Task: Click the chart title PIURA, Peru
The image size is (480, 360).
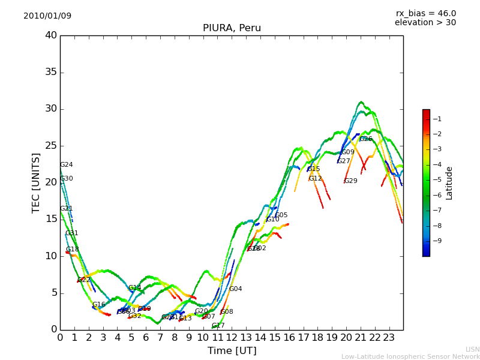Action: [x=232, y=28]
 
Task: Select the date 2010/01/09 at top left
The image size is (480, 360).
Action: [x=47, y=16]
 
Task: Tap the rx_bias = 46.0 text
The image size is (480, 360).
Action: [x=425, y=13]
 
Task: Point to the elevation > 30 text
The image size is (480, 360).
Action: [x=425, y=23]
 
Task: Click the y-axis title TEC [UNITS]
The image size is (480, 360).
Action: [x=36, y=182]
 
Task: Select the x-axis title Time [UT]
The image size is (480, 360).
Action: [x=232, y=351]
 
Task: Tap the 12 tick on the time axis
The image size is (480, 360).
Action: [x=232, y=337]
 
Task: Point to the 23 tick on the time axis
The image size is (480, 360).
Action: [x=389, y=337]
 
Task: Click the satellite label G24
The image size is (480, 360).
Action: [x=66, y=165]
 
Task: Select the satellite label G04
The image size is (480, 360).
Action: [x=235, y=289]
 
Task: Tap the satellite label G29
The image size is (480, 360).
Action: [x=350, y=181]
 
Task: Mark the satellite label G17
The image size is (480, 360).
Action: [x=218, y=326]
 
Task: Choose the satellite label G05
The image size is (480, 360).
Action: [x=281, y=215]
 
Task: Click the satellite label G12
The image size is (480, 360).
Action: [x=315, y=179]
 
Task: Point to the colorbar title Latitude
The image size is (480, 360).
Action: [x=449, y=182]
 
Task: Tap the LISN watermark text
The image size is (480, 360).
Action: [x=472, y=349]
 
